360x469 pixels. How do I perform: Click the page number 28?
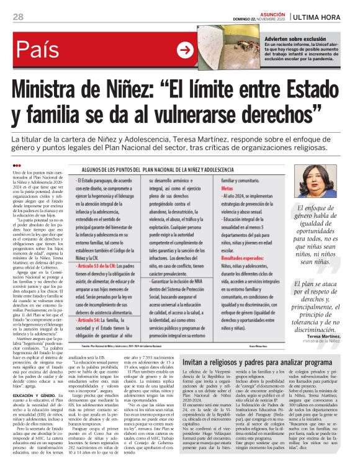[18, 17]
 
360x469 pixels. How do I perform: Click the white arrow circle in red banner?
[185, 50]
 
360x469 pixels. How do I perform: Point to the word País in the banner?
[45, 50]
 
